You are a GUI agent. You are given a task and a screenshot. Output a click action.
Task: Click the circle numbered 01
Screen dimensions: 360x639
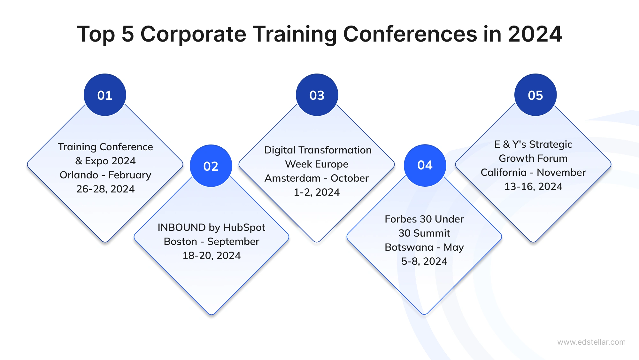pyautogui.click(x=105, y=95)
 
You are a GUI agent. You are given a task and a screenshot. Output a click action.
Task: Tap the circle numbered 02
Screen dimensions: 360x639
pyautogui.click(x=211, y=166)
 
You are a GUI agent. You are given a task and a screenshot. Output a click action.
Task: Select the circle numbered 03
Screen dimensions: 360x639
pyautogui.click(x=317, y=95)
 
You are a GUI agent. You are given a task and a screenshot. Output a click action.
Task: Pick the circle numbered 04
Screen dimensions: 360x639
pyautogui.click(x=425, y=165)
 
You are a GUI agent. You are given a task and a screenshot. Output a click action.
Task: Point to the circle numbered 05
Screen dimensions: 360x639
pyautogui.click(x=535, y=95)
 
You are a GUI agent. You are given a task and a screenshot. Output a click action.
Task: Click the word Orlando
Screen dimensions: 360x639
pyautogui.click(x=79, y=175)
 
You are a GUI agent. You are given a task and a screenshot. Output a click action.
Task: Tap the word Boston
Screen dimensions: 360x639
pyautogui.click(x=180, y=241)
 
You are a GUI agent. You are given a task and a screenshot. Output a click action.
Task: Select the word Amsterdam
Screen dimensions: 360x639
pyautogui.click(x=292, y=178)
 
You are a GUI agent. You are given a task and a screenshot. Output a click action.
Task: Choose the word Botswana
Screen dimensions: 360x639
pyautogui.click(x=409, y=247)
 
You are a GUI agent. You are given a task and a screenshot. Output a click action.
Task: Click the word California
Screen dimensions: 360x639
pyautogui.click(x=504, y=172)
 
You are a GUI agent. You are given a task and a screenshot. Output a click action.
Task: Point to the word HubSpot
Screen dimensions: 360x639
pyautogui.click(x=244, y=227)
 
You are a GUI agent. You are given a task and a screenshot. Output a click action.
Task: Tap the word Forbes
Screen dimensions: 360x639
pyautogui.click(x=401, y=219)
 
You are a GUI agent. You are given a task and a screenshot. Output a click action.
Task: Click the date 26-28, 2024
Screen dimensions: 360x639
pyautogui.click(x=105, y=189)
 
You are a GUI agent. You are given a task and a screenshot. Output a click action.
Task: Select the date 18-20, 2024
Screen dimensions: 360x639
pyautogui.click(x=212, y=255)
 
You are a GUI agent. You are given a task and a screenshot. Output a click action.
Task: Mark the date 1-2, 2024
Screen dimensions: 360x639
pyautogui.click(x=317, y=192)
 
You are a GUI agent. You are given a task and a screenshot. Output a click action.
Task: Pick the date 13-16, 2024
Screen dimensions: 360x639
pyautogui.click(x=533, y=186)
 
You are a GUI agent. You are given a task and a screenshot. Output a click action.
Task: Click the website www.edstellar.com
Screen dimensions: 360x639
pyautogui.click(x=591, y=342)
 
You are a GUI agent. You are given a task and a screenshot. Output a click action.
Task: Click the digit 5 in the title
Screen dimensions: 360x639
pyautogui.click(x=127, y=34)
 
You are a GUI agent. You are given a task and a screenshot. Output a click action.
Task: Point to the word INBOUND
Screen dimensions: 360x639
pyautogui.click(x=181, y=227)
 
